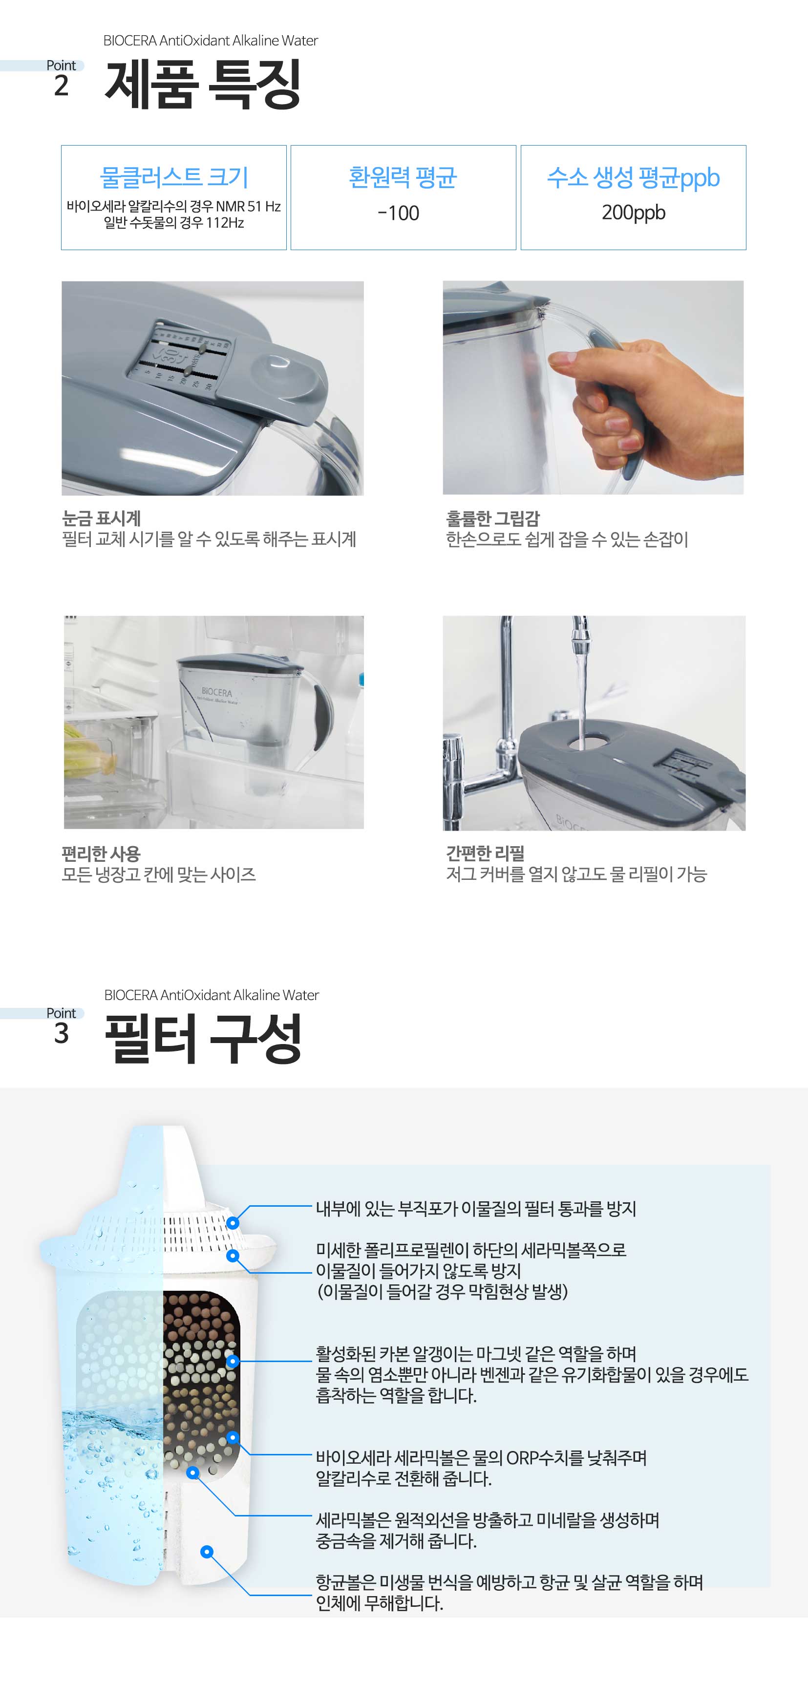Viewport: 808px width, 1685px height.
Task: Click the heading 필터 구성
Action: [203, 1038]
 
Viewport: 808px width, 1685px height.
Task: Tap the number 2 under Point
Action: [61, 85]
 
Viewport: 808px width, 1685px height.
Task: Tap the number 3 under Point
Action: [61, 1033]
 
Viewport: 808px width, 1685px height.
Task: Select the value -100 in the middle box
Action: [399, 213]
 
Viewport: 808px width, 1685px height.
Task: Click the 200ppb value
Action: [633, 213]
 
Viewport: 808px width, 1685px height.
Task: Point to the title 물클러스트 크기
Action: [174, 177]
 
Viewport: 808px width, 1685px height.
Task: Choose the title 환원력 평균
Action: [403, 177]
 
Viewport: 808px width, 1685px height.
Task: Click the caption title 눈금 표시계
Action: [102, 519]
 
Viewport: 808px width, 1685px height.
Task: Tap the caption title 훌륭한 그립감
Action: [492, 519]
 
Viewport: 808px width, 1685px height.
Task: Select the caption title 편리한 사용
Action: [102, 853]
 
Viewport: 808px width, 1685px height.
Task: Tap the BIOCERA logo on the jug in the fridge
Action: [216, 692]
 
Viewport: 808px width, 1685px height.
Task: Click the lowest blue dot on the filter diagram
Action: [207, 1552]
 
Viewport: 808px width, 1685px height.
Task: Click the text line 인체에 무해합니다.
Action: [380, 1603]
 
